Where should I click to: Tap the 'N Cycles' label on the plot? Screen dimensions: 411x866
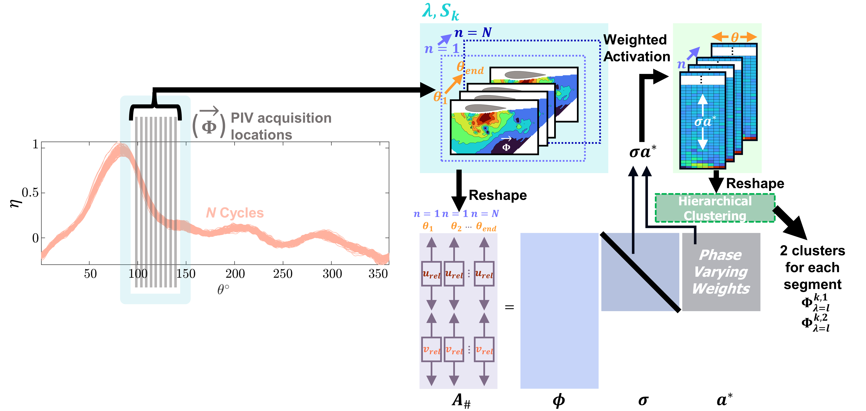click(235, 213)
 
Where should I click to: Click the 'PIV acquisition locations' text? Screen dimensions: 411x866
click(281, 126)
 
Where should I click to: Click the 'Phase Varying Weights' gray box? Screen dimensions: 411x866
click(721, 272)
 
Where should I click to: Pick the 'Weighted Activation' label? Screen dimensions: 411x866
click(636, 48)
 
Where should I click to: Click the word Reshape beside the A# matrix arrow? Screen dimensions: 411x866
click(497, 195)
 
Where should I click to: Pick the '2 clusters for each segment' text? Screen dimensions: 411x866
click(812, 267)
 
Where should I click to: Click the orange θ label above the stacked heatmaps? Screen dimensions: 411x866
click(735, 37)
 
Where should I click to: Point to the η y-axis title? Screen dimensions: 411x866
click(15, 203)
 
